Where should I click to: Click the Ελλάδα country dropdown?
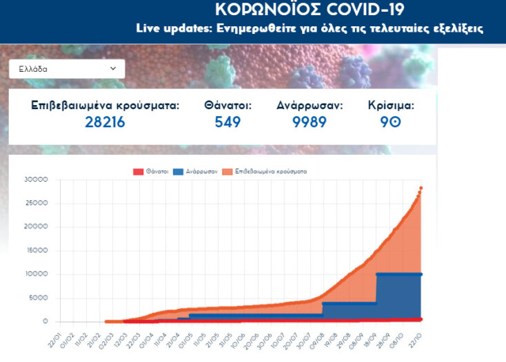point(67,69)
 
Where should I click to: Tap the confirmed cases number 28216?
point(105,122)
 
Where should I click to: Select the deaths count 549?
point(227,122)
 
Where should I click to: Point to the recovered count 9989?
point(310,122)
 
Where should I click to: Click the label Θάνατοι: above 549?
point(227,106)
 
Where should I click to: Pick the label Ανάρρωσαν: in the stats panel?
point(310,106)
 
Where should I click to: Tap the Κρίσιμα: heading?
point(391,106)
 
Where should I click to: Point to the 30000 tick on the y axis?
point(35,179)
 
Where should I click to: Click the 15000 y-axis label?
point(35,250)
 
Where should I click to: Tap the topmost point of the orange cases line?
point(421,188)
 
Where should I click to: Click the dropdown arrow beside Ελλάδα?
point(113,69)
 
